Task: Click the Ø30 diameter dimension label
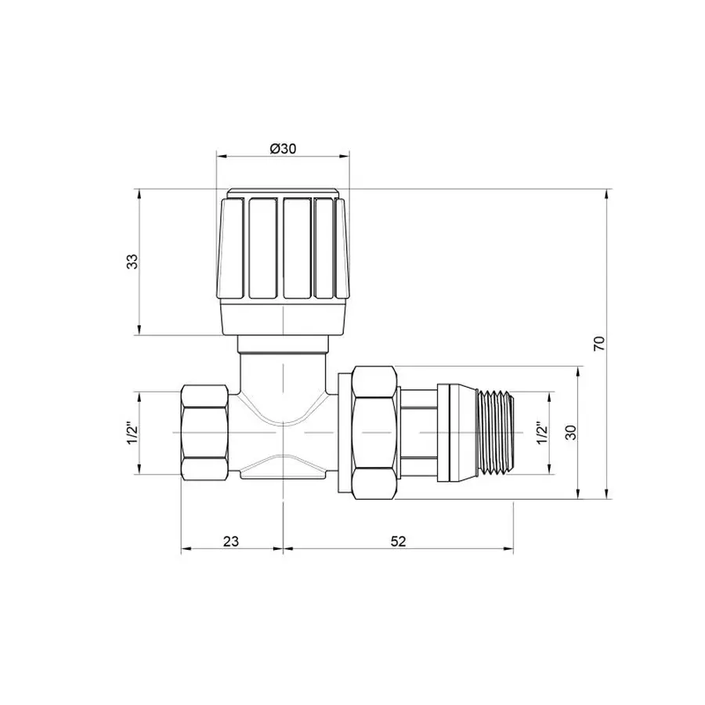tap(282, 149)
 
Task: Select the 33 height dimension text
tap(133, 262)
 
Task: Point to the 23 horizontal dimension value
tap(230, 540)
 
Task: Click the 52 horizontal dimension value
tap(397, 540)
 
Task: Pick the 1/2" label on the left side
tap(132, 432)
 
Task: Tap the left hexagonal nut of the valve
tap(205, 432)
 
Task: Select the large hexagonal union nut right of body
tap(374, 432)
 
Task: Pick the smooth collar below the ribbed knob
tap(282, 320)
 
